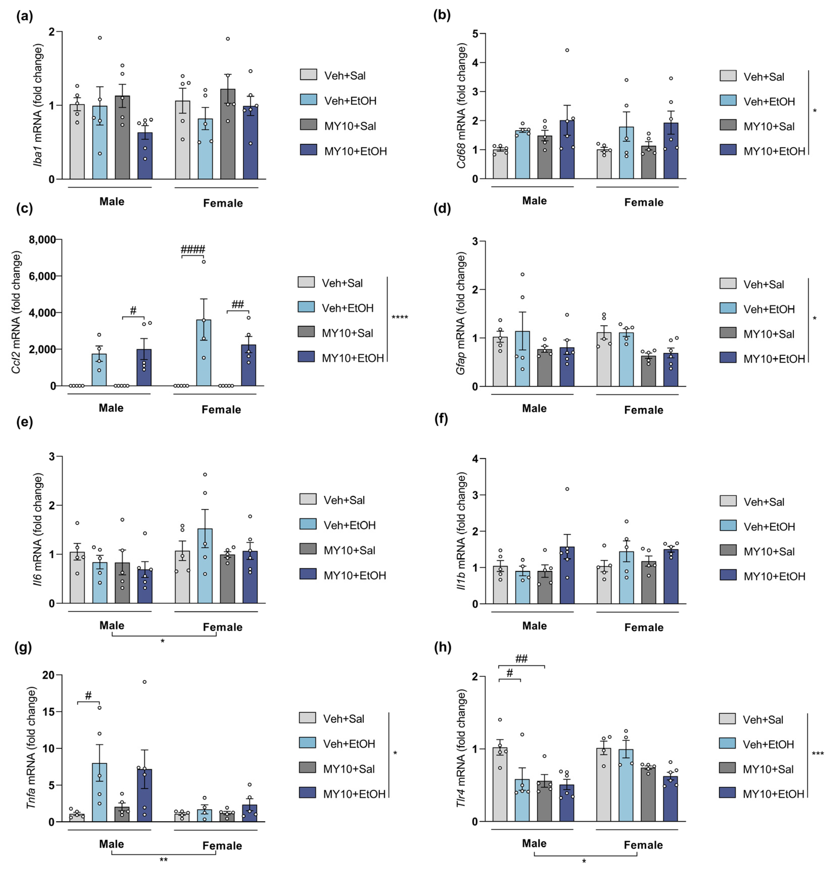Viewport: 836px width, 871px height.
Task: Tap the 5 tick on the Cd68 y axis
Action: point(475,34)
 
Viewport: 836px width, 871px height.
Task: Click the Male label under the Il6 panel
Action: point(112,625)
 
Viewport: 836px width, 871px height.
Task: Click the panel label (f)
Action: point(441,419)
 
